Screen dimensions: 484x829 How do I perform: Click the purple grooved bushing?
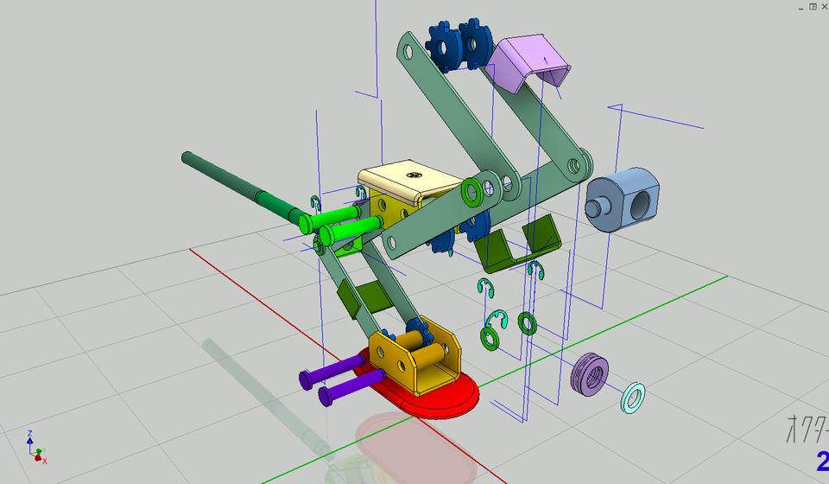click(591, 374)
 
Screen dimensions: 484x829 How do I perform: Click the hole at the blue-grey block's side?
click(641, 203)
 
